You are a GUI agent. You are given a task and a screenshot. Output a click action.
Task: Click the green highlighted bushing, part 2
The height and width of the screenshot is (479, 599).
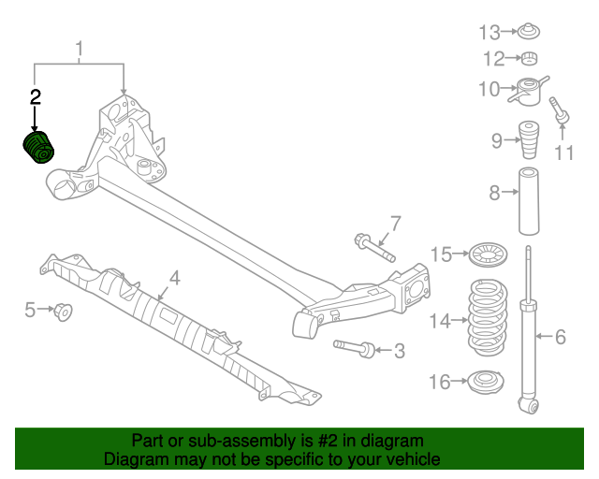(38, 148)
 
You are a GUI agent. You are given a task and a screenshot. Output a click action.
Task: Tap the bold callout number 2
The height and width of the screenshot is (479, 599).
(35, 97)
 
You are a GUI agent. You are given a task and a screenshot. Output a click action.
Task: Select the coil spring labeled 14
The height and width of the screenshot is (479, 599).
(488, 318)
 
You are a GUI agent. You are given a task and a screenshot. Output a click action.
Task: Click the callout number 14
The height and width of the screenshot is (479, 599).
(440, 321)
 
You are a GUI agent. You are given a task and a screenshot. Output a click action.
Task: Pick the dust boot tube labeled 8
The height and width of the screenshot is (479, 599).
(529, 201)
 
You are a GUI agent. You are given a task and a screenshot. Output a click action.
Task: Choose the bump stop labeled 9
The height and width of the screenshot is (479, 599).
(529, 140)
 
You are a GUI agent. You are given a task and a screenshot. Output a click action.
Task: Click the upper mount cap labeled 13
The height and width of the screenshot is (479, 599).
(529, 31)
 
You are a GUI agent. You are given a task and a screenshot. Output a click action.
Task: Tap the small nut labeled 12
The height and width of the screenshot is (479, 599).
(530, 58)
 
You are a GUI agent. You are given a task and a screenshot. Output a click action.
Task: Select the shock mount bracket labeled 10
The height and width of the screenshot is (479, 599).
(529, 92)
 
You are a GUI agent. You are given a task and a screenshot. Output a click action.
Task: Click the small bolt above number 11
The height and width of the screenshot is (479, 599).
(560, 110)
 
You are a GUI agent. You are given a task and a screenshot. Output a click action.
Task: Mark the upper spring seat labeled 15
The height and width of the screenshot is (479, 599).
(489, 254)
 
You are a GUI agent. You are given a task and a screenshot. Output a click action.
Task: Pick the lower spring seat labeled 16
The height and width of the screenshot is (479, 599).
(486, 383)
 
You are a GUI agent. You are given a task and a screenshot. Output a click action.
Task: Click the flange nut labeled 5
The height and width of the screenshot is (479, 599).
(64, 312)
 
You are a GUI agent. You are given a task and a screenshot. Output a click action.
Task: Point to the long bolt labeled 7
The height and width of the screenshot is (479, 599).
(374, 248)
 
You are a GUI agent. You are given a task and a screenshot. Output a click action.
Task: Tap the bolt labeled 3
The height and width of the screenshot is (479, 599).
(355, 348)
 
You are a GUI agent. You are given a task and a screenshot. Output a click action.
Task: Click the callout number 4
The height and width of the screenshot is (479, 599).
(175, 279)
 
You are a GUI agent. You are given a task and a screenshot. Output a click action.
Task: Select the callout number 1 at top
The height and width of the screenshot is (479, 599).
(79, 50)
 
